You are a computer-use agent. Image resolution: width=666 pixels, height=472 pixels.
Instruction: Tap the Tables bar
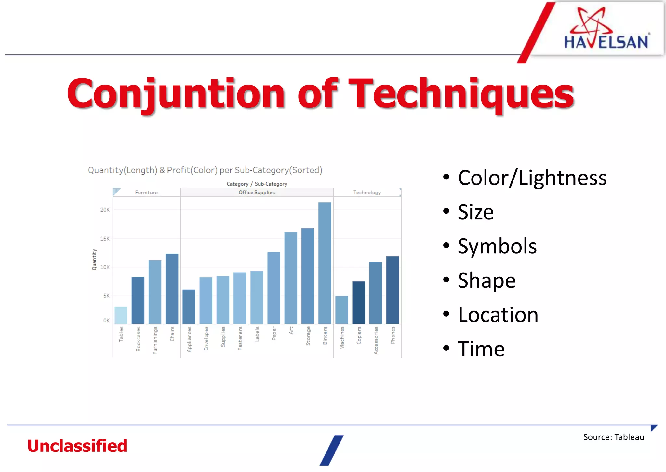tap(121, 315)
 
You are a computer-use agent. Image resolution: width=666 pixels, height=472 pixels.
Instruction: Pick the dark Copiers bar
tap(358, 303)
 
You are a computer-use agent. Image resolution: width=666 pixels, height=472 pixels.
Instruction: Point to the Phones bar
tap(393, 290)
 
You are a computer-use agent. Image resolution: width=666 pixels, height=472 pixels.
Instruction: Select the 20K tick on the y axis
tap(105, 210)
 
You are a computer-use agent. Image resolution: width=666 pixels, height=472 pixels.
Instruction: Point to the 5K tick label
tap(106, 296)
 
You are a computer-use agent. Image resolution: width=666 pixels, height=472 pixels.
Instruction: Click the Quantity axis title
tap(94, 260)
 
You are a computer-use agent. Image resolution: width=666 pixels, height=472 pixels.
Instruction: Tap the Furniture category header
tap(146, 193)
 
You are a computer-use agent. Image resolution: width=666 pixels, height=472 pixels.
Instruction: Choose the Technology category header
tap(367, 193)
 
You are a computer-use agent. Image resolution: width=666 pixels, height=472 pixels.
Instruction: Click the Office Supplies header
tap(257, 193)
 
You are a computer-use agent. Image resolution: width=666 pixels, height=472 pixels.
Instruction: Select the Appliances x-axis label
tap(189, 339)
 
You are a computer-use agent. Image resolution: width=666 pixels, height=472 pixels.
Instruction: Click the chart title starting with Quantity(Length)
tap(205, 170)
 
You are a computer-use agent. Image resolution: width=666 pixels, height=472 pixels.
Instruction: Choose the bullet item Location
tap(498, 315)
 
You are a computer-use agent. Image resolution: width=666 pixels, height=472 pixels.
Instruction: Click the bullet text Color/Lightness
tap(532, 178)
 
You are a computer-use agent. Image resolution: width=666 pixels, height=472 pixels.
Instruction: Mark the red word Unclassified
tap(77, 446)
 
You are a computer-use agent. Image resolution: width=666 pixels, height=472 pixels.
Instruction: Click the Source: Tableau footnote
tap(613, 437)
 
